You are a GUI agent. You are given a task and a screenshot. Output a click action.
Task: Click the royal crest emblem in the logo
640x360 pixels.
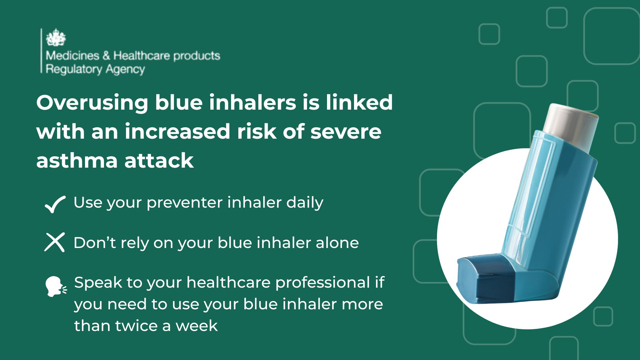tap(56, 37)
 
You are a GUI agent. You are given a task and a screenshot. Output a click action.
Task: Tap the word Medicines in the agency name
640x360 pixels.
tap(73, 55)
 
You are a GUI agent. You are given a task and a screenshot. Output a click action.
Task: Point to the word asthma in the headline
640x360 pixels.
tap(76, 160)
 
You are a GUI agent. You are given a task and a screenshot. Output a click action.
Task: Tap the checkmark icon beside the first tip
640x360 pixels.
tap(55, 204)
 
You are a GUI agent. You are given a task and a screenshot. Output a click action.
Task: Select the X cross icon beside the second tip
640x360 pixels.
tap(54, 242)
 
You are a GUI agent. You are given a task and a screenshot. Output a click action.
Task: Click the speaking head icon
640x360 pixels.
tap(56, 286)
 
